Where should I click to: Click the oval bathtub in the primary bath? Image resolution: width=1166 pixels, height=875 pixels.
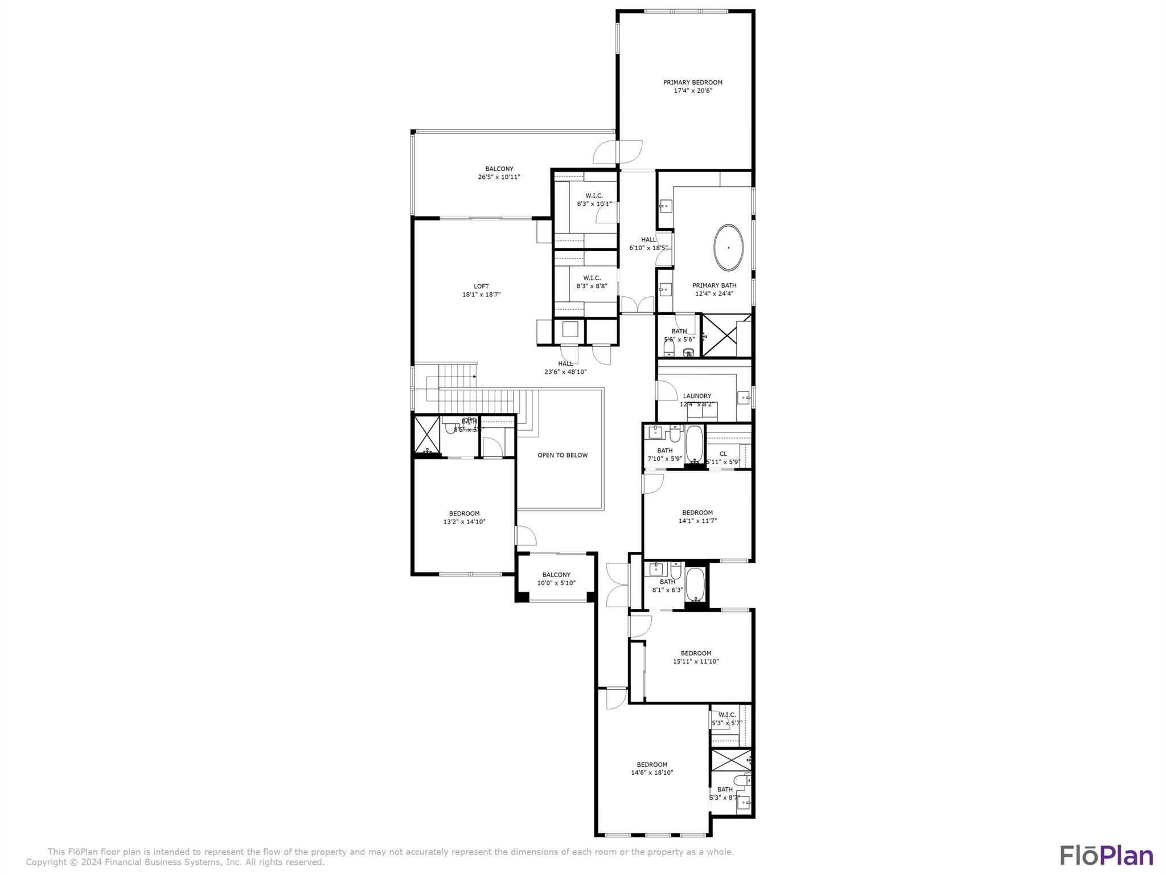728,247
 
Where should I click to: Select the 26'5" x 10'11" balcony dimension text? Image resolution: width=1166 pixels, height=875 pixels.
499,177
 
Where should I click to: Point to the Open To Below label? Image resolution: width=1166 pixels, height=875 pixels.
563,455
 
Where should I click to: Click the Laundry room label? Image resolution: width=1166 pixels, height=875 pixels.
697,396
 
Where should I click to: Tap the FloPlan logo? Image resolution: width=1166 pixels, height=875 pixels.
1106,855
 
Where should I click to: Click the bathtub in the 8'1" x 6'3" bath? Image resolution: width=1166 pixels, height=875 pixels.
695,584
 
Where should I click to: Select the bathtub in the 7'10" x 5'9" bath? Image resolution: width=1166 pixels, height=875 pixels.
694,445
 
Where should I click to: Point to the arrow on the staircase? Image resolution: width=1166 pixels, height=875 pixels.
474,376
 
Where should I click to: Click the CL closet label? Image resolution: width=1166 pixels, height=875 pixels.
723,454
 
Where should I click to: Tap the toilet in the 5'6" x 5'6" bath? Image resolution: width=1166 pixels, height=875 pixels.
670,347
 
